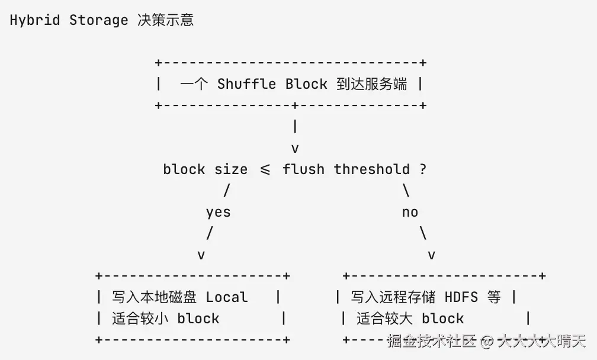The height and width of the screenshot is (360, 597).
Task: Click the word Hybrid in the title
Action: [x=35, y=20]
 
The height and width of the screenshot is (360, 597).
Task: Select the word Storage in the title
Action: [x=98, y=20]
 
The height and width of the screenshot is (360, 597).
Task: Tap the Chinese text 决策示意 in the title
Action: [x=166, y=20]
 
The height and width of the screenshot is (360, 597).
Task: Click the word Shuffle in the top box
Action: [x=246, y=83]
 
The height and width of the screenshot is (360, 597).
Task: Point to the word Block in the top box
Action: [x=307, y=83]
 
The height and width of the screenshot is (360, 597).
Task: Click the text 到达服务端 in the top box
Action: [x=372, y=83]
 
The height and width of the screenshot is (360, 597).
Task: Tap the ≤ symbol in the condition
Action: [x=265, y=169]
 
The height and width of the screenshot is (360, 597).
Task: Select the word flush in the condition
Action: [x=303, y=169]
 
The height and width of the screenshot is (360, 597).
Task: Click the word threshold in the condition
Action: [x=371, y=169]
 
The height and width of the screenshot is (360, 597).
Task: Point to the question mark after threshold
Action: [x=423, y=169]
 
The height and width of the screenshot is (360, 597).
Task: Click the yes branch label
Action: [x=219, y=213]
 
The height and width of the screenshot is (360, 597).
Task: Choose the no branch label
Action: [x=410, y=213]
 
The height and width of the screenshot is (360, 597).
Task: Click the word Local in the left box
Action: [x=227, y=297]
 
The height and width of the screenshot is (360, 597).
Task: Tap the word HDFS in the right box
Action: [x=461, y=297]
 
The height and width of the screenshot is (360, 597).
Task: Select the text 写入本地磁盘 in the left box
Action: [x=154, y=297]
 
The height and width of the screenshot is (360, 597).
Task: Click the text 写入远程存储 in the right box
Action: [x=393, y=297]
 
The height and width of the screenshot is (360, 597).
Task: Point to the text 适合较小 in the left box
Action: [x=140, y=319]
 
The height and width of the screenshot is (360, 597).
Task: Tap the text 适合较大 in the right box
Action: [x=384, y=319]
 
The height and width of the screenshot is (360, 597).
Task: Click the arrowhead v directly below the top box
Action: [x=295, y=149]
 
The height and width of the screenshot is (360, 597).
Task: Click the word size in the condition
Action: [x=231, y=169]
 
